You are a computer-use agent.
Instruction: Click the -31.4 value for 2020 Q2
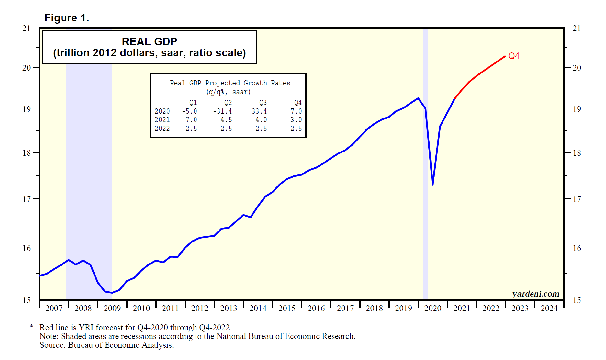tap(222, 111)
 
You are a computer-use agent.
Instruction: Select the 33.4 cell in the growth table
tap(259, 111)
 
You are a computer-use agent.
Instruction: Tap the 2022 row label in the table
tap(162, 129)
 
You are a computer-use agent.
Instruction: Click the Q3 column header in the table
tap(263, 103)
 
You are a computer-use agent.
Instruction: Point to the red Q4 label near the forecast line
tap(514, 56)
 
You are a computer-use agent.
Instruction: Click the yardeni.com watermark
tap(535, 294)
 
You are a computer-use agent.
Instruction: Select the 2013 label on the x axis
tap(229, 308)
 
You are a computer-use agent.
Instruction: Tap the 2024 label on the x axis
tap(549, 308)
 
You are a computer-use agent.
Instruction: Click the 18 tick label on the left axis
tap(27, 153)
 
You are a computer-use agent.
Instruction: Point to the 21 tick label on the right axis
tap(577, 28)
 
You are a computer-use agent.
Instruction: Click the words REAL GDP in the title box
tap(149, 41)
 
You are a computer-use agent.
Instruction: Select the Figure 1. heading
tap(67, 18)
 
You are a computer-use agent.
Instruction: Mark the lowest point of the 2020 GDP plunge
tap(433, 185)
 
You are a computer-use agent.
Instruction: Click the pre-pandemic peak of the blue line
tap(418, 98)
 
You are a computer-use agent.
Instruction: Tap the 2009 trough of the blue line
tap(112, 293)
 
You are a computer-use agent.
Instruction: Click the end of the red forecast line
tap(505, 56)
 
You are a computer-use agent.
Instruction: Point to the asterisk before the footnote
tap(31, 326)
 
